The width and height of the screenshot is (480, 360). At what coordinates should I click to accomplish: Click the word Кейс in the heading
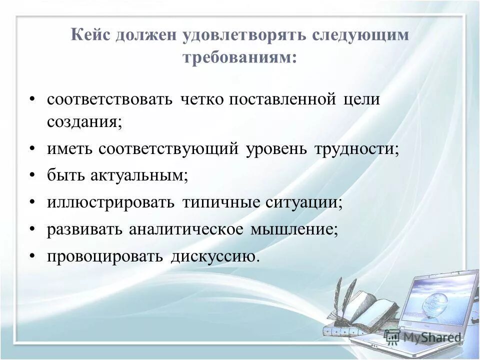pos(91,36)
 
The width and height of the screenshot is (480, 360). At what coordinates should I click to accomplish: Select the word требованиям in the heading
pos(239,58)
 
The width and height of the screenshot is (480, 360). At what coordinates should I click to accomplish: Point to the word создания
pos(84,122)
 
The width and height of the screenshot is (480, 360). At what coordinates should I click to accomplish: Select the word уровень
pos(276,149)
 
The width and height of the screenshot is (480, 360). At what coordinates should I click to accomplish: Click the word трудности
pos(357,149)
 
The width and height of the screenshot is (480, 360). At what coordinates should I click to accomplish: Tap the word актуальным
pos(139,176)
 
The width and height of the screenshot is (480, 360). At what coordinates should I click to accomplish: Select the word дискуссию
pos(215,256)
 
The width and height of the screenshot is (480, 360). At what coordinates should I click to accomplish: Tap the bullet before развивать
pos(32,229)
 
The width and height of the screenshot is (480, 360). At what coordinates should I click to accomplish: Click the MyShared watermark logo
pos(423,336)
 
